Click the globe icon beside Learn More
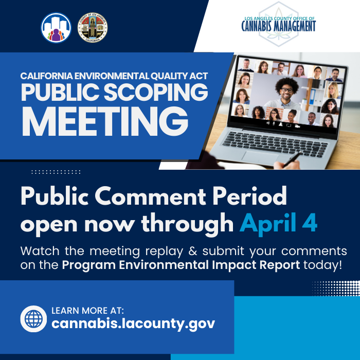pos(33,319)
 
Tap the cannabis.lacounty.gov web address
pos(133,323)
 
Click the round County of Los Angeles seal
pos(92,27)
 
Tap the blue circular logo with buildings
pos(56,27)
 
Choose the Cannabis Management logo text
pos(278,25)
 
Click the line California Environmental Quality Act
pos(114,76)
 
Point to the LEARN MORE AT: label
pos(88,310)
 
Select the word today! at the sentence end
pos(322,265)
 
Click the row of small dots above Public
pos(56,172)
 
